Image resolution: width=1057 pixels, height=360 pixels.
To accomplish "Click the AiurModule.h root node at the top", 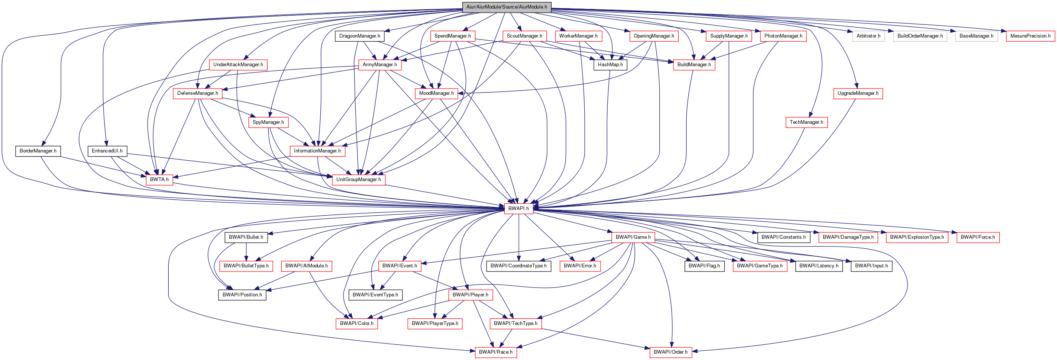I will (x=506, y=7).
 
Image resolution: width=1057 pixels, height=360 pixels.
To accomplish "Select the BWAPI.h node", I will (x=518, y=209).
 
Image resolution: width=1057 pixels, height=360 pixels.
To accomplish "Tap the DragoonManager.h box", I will (x=359, y=36).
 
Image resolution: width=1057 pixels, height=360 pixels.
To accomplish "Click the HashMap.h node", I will (x=610, y=65).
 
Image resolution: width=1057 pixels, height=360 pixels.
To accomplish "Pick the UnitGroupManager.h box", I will (x=358, y=180).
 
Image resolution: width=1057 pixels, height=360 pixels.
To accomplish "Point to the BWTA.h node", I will (x=159, y=180).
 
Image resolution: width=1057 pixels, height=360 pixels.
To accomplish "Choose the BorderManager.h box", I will (x=38, y=151).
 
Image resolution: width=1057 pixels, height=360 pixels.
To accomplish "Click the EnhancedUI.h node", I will (x=107, y=151).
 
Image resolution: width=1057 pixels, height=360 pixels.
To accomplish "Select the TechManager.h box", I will (x=806, y=122).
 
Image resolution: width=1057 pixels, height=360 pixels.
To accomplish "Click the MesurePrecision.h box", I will (x=1030, y=36).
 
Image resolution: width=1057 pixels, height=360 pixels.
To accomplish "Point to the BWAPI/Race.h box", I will (x=496, y=352).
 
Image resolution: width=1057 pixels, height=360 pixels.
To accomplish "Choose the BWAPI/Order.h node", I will (x=670, y=352).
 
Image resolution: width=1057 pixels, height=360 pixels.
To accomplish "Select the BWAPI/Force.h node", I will (x=978, y=237).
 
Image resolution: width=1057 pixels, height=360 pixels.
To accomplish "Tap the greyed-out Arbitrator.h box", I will (x=868, y=36).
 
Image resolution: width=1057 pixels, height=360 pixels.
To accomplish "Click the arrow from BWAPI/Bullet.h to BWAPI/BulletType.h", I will (x=246, y=251).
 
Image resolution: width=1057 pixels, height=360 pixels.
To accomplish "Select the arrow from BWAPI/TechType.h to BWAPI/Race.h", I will (x=505, y=338).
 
